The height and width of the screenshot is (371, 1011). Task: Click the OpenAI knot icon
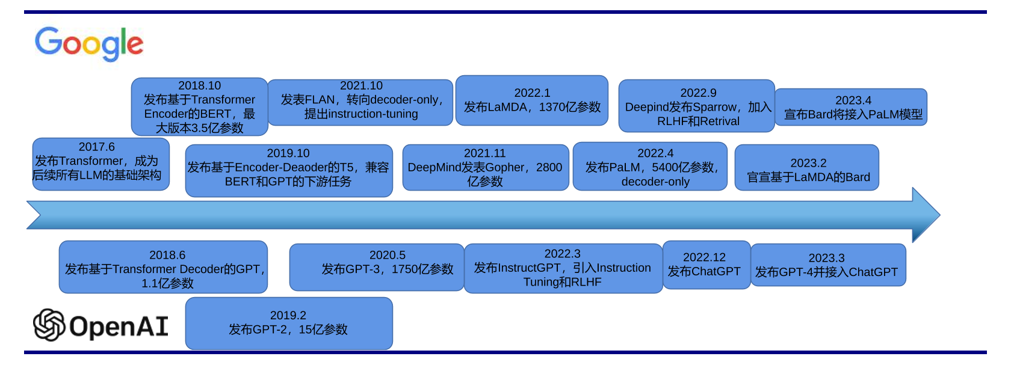coord(49,325)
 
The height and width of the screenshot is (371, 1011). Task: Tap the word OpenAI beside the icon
coord(119,326)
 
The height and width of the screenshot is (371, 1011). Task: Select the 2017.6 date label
coord(96,147)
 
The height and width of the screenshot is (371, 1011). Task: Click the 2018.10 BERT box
coord(199,106)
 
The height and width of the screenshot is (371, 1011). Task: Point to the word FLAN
coord(320,100)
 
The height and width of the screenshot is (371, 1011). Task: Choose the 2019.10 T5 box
coord(288,170)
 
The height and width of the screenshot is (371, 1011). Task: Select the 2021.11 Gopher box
coord(485,168)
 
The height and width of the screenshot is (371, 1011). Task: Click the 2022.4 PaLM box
coord(650,167)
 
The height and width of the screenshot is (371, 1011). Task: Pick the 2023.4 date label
coord(853,100)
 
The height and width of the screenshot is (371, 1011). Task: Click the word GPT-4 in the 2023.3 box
coord(791,272)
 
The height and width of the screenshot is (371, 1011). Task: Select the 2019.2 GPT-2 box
coord(288,323)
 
